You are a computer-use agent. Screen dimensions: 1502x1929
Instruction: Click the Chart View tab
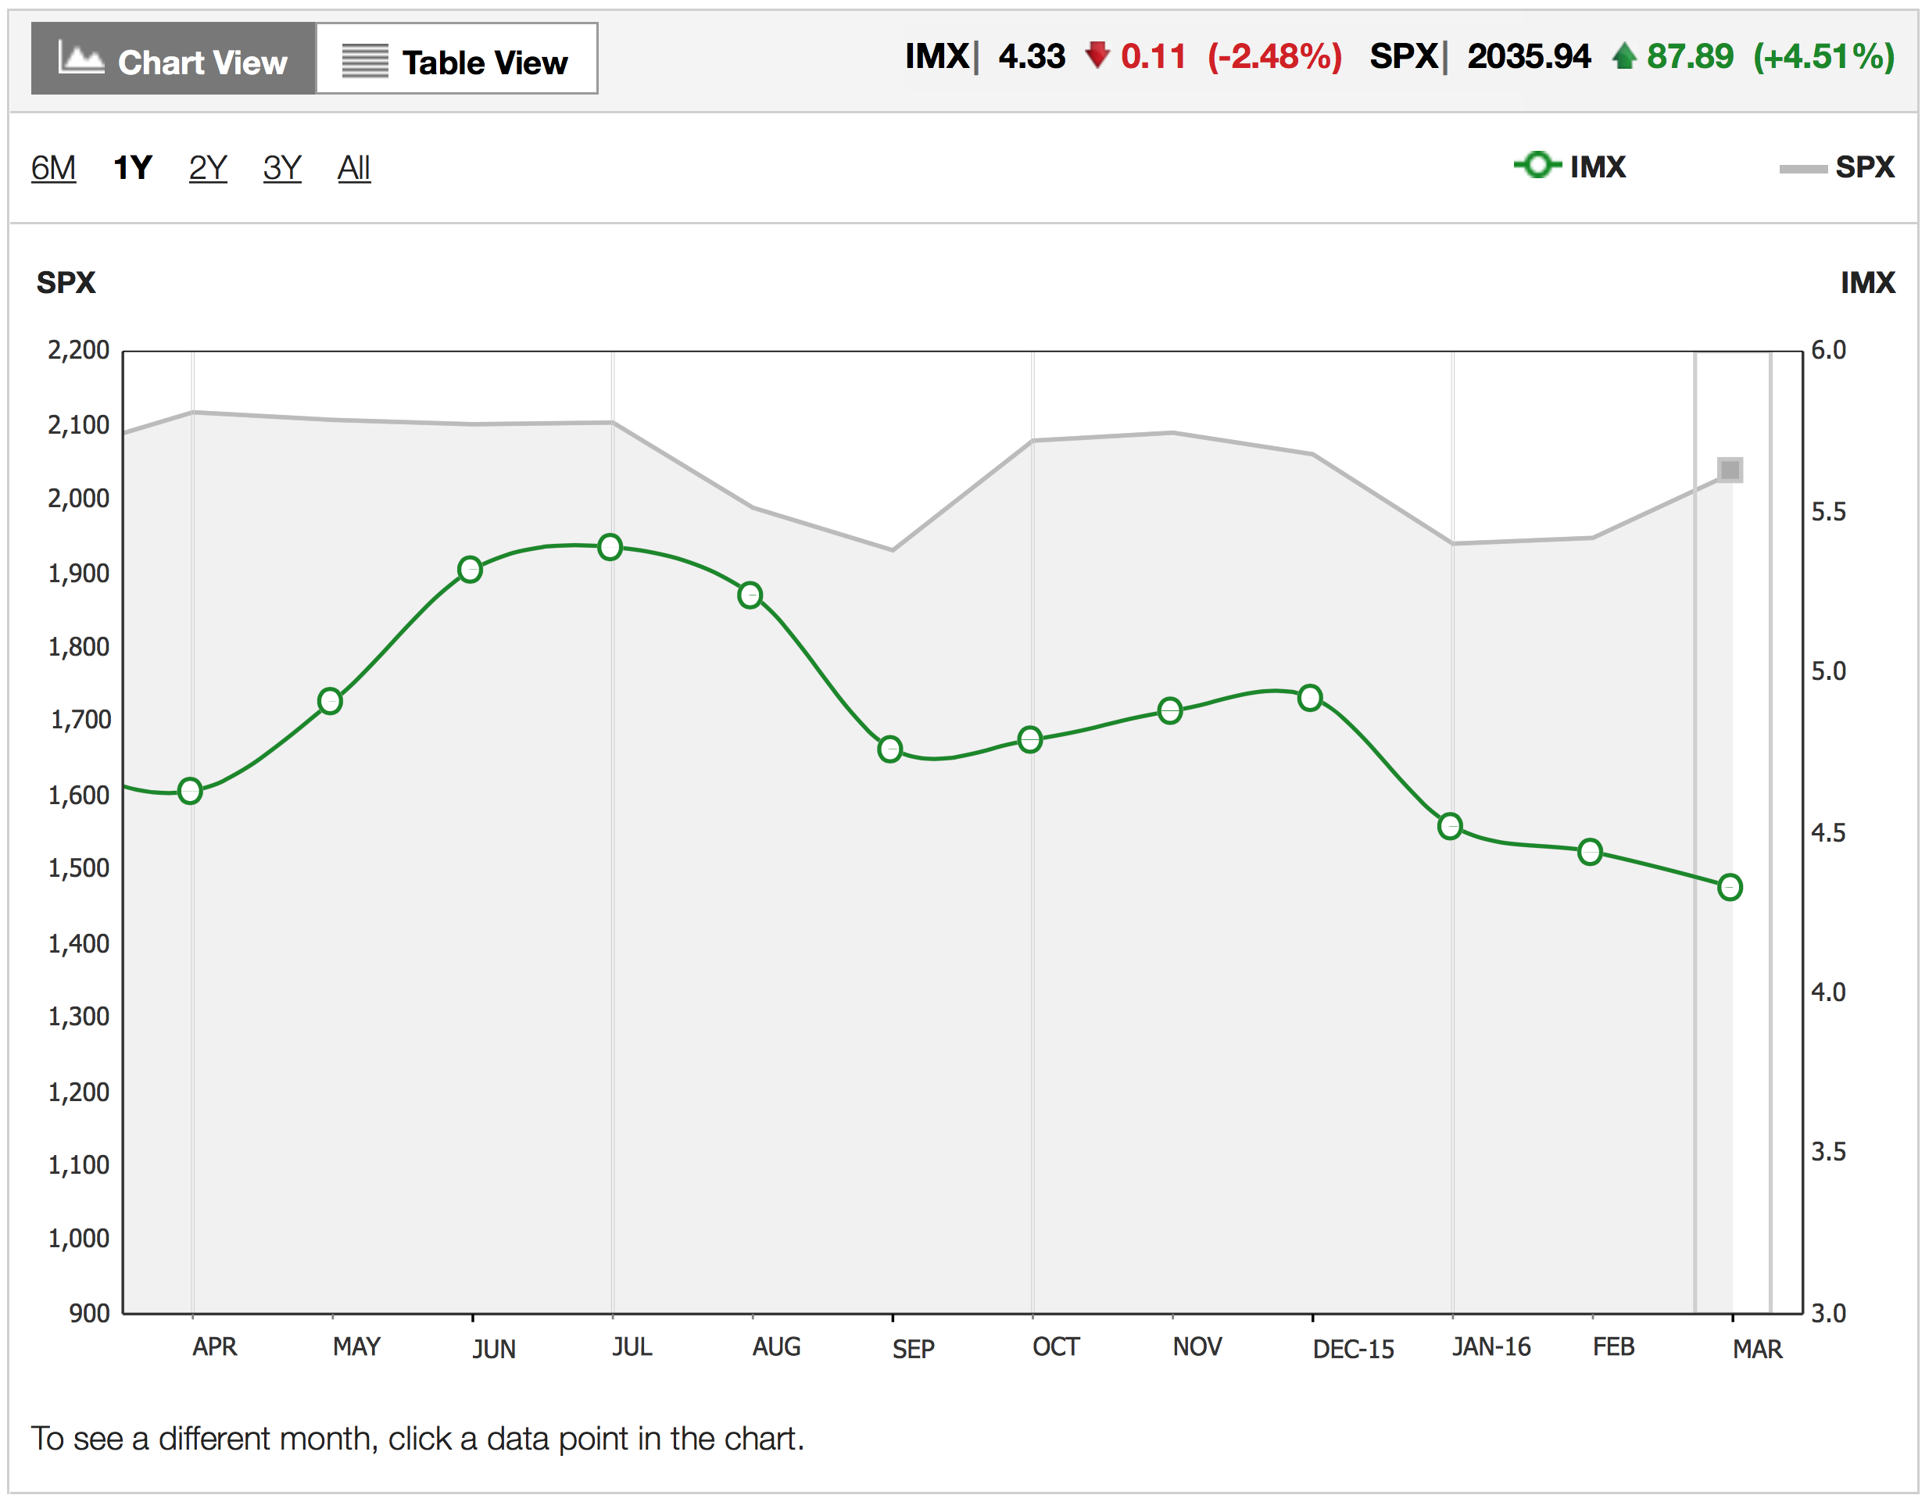173,59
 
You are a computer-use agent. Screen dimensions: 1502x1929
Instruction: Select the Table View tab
456,59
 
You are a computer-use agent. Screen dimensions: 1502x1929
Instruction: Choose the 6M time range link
53,167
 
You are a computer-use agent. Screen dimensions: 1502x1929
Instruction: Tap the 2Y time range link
208,167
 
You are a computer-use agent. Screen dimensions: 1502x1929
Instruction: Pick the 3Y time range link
281,167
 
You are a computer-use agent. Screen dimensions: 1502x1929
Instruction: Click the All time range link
353,167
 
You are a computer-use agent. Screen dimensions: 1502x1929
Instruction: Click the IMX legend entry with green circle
1570,166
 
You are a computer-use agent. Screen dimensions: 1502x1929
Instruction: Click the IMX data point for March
1730,886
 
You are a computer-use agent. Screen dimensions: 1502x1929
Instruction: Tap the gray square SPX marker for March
1730,470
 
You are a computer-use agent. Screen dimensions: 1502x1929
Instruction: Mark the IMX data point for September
890,749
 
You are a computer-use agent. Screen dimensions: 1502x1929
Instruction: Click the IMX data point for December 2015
1310,698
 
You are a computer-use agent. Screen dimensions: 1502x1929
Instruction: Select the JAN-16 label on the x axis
1491,1346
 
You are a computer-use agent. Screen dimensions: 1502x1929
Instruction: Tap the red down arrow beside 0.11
1097,55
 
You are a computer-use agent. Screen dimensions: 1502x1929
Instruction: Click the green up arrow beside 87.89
1623,55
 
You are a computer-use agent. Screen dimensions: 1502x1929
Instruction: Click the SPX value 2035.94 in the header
1529,56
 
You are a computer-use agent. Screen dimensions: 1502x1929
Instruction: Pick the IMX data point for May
330,701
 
